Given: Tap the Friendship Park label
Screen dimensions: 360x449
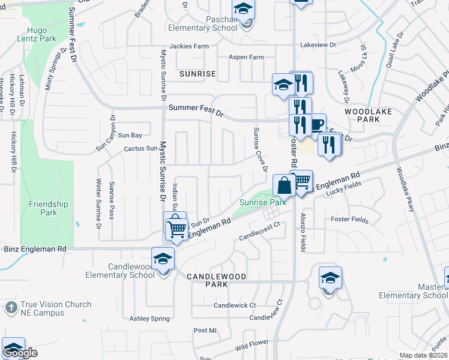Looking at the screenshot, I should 48,208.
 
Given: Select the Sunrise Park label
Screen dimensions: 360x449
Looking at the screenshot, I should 262,202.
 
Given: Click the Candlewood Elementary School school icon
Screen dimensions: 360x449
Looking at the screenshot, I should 162,259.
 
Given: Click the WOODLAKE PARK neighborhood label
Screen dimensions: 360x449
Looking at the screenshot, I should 362,115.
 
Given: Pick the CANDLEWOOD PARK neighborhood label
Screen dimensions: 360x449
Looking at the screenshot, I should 216,277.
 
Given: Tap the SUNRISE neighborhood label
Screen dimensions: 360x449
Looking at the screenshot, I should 197,74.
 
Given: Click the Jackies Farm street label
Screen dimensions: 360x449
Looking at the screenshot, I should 189,46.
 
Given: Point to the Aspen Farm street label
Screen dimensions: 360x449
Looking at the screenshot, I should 246,58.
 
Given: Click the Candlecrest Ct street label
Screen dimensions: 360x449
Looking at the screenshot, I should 260,231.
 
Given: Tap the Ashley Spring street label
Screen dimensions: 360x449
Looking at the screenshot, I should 150,319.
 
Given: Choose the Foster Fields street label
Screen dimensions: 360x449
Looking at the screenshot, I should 349,220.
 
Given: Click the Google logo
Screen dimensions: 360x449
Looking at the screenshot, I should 20,353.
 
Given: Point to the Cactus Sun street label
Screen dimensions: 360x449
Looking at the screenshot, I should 136,148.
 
